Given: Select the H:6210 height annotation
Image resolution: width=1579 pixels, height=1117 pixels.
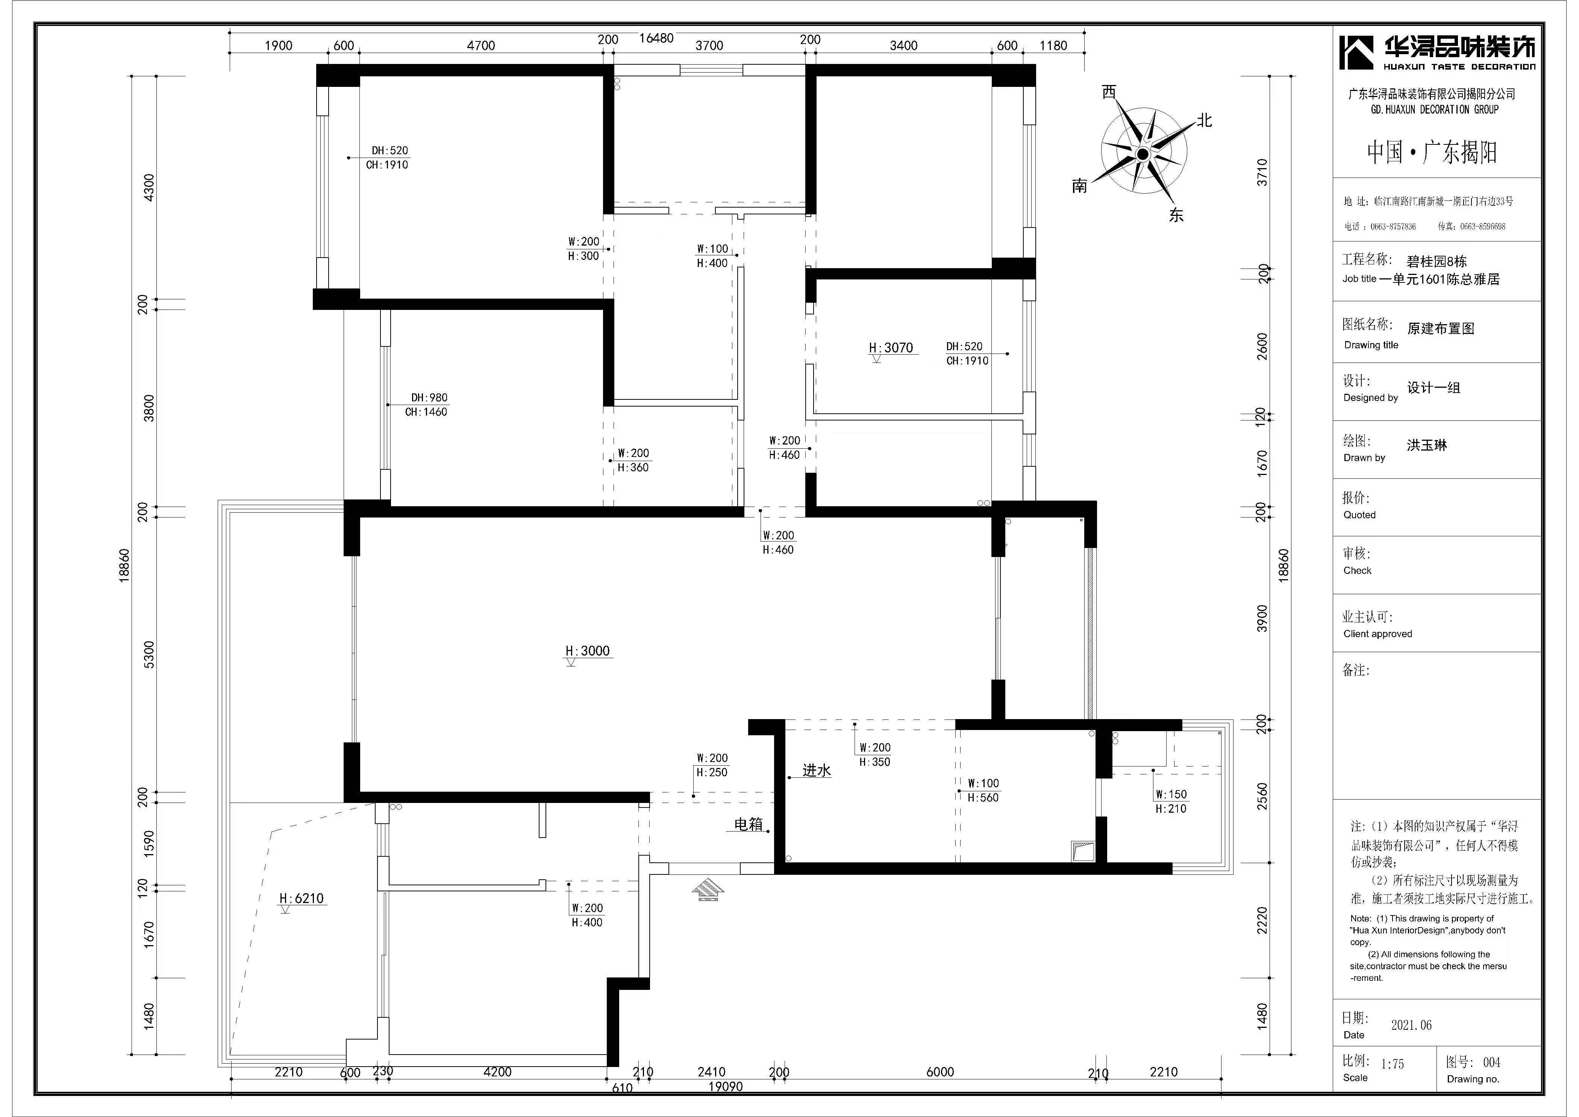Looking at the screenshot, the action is [x=301, y=898].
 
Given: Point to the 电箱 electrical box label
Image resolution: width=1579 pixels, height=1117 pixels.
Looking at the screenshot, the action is [x=749, y=824].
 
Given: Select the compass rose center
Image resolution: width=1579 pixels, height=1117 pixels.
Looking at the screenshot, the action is [x=1143, y=154].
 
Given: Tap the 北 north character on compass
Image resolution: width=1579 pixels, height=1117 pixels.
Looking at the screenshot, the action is [x=1203, y=120].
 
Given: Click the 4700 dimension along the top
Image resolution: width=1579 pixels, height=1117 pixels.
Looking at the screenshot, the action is [x=481, y=46].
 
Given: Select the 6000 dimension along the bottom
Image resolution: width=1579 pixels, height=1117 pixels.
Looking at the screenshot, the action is [x=940, y=1071].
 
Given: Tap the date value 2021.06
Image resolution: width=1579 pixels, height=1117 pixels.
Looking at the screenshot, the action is [x=1411, y=1025].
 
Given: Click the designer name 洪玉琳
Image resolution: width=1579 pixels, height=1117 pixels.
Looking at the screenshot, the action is [x=1427, y=445].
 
